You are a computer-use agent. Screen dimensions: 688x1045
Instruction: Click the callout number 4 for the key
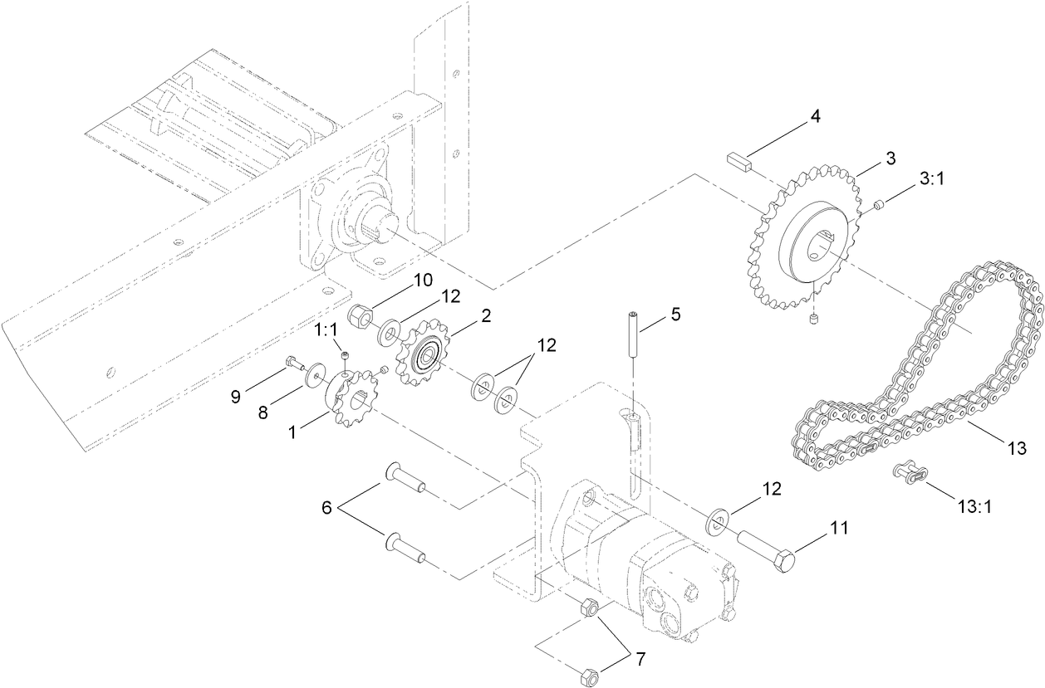pyautogui.click(x=816, y=116)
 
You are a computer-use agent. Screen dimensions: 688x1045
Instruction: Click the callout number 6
pyautogui.click(x=326, y=507)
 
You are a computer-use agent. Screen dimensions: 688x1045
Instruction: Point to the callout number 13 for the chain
pyautogui.click(x=1017, y=448)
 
